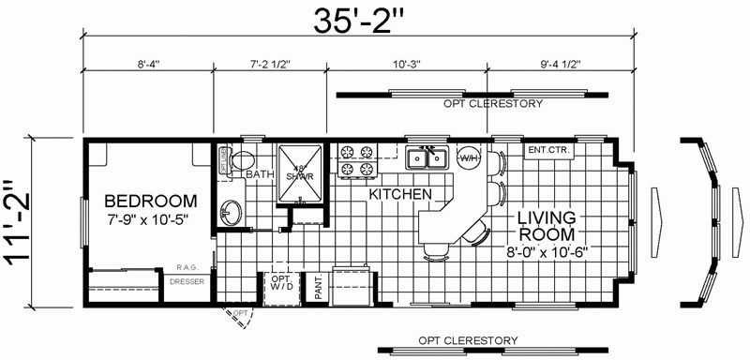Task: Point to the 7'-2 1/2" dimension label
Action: pyautogui.click(x=272, y=65)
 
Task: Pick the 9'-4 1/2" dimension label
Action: pyautogui.click(x=561, y=65)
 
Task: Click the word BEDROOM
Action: pyautogui.click(x=150, y=201)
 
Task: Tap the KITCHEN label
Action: pyautogui.click(x=400, y=194)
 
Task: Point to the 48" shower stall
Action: pyautogui.click(x=302, y=169)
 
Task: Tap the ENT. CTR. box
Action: pyautogui.click(x=549, y=150)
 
